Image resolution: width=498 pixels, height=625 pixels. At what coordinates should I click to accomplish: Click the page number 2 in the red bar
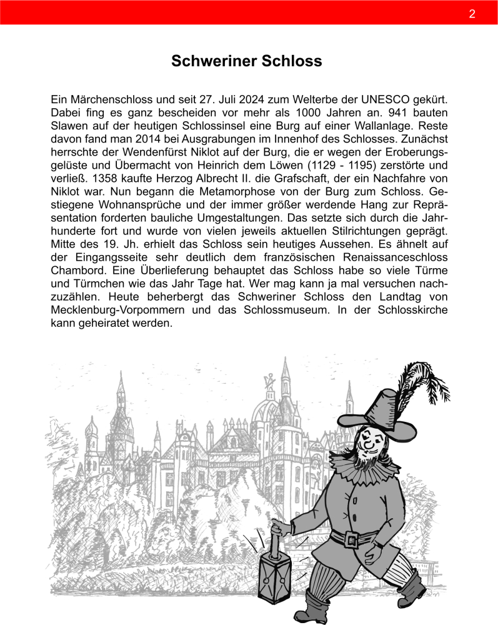click(472, 14)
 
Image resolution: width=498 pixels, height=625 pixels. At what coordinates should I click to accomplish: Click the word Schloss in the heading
click(292, 61)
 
